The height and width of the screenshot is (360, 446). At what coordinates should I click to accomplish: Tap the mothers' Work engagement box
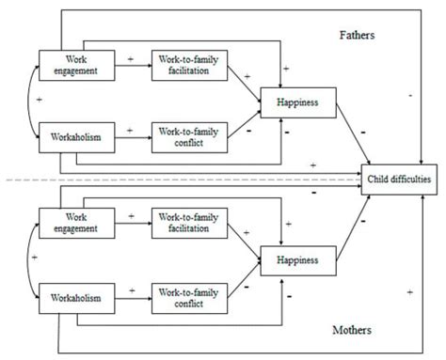coord(72,223)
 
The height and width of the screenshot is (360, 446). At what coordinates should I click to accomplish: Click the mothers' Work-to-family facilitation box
coord(191,223)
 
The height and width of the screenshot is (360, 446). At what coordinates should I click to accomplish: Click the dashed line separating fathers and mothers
coord(188,180)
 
